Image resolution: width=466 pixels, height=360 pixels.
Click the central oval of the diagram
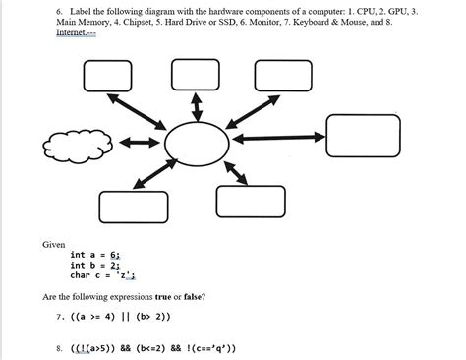click(x=197, y=144)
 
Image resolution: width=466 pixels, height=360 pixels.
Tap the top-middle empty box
click(x=193, y=75)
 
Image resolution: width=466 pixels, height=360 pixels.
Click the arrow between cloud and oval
click(x=139, y=145)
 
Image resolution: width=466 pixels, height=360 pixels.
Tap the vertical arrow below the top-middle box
click(x=194, y=106)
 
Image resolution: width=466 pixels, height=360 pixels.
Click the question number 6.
click(x=59, y=8)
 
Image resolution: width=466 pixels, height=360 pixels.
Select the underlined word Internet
click(x=75, y=32)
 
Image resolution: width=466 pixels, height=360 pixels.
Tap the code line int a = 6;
click(x=95, y=254)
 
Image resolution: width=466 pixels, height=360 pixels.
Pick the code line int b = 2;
click(x=95, y=265)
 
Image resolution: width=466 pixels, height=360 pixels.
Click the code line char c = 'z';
click(x=102, y=275)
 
